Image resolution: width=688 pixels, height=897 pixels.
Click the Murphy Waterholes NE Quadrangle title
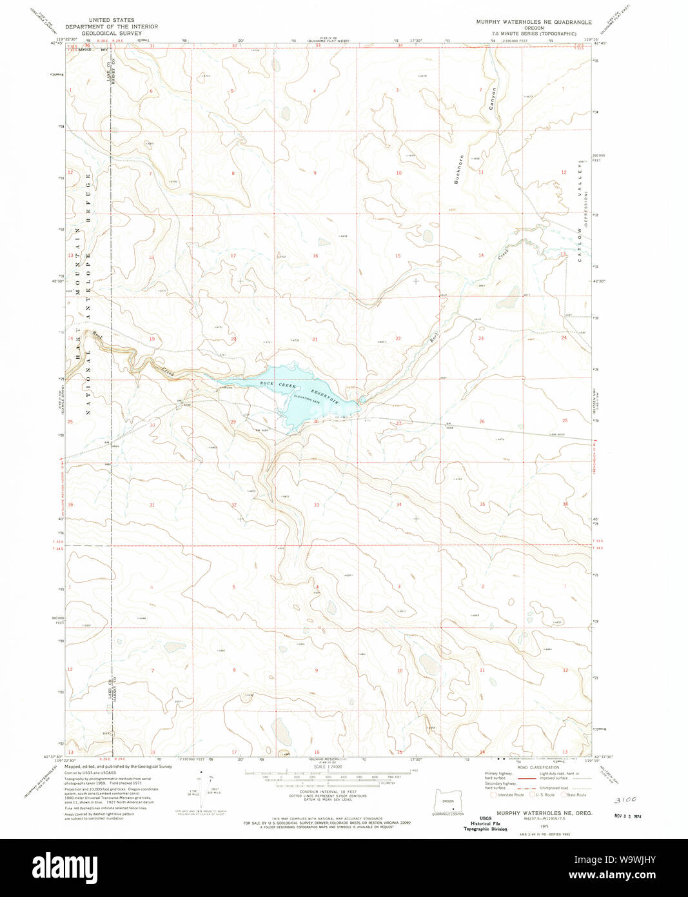point(533,22)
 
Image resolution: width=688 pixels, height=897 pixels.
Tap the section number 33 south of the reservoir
point(316,505)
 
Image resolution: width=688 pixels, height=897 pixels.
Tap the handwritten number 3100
point(626,800)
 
